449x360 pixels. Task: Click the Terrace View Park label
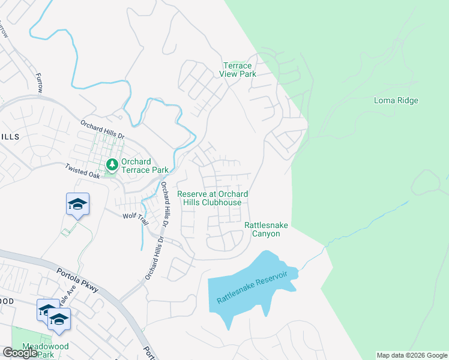click(x=240, y=70)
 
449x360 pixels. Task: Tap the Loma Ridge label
click(x=396, y=100)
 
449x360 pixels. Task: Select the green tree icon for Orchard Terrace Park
click(x=112, y=164)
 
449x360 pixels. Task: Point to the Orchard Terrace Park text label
click(x=145, y=166)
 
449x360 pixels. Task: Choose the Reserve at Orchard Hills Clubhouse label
click(x=213, y=198)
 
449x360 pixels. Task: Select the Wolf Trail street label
click(x=134, y=216)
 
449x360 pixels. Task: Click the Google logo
click(x=20, y=353)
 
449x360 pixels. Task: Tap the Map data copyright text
click(x=412, y=355)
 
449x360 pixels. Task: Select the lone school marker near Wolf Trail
click(x=77, y=205)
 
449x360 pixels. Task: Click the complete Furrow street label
click(x=40, y=83)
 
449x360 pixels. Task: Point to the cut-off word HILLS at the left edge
click(x=10, y=137)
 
